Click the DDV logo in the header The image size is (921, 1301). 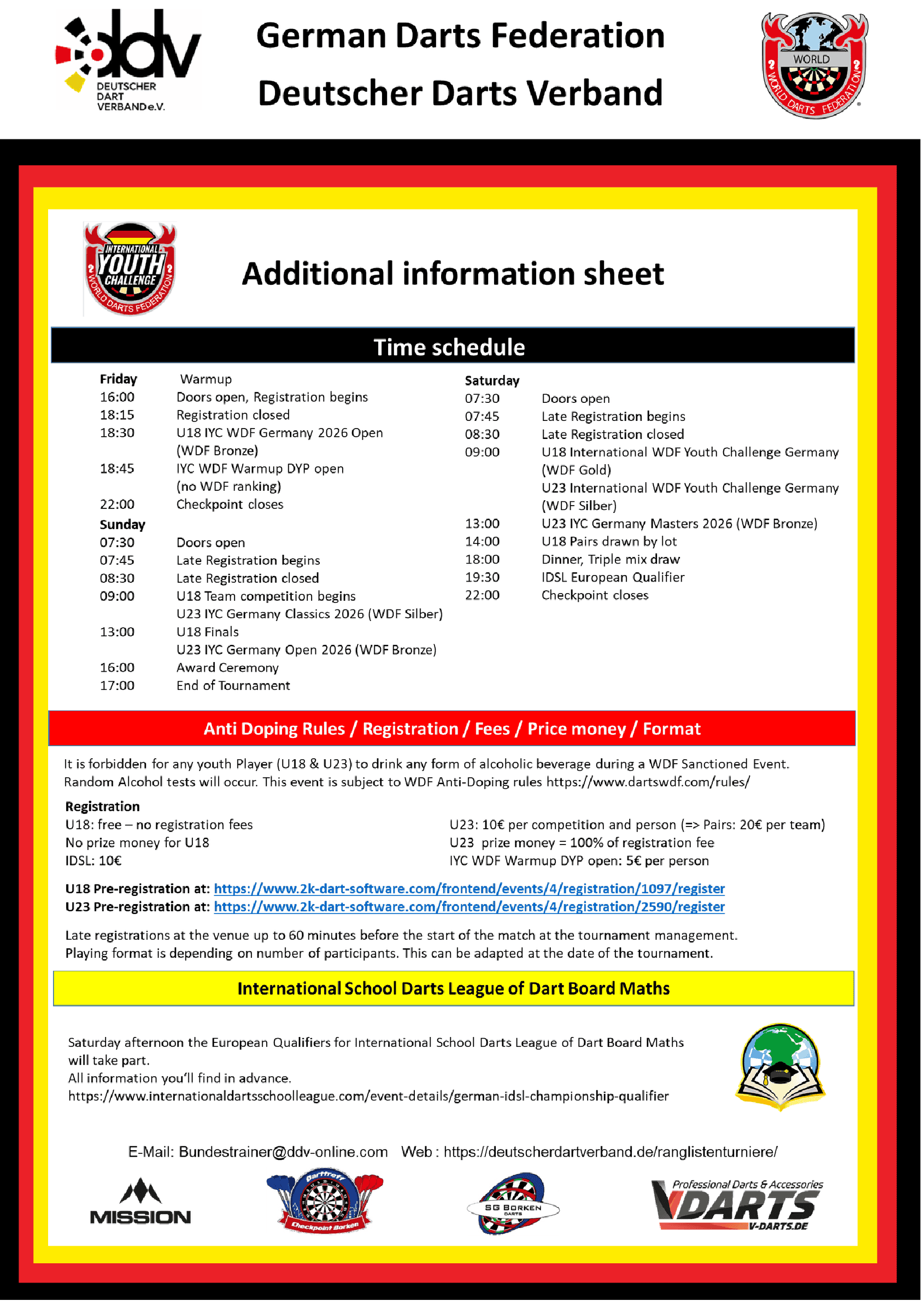[127, 59]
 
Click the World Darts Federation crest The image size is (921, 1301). [814, 65]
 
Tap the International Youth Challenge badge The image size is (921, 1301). [131, 268]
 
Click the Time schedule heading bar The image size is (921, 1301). [453, 346]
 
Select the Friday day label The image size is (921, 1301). [119, 379]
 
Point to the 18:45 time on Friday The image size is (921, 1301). [117, 468]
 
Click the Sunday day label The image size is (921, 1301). [122, 525]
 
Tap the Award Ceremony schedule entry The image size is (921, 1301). [227, 667]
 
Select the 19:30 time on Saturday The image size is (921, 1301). [482, 577]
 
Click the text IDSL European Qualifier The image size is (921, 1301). [613, 577]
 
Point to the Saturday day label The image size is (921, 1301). [492, 380]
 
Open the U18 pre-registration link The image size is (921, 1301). [469, 889]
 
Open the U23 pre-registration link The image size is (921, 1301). [469, 907]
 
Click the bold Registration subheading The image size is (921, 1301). [102, 806]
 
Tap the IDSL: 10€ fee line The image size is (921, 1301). [93, 861]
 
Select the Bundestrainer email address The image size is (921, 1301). [283, 1152]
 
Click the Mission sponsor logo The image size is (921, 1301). [140, 1202]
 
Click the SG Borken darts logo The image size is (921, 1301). [513, 1204]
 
